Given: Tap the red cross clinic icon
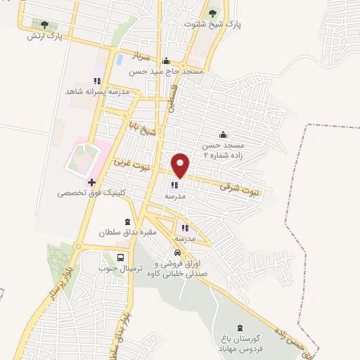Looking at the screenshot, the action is [91, 181].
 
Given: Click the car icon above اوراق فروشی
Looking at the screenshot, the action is [178, 252].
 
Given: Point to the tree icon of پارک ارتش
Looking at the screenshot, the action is [46, 25].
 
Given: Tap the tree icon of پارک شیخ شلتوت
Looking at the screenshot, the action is [214, 13].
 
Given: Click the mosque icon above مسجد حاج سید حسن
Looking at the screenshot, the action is [166, 61].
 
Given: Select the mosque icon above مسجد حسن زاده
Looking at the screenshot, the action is [224, 134].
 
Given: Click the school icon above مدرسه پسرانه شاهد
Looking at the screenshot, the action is [98, 81].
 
